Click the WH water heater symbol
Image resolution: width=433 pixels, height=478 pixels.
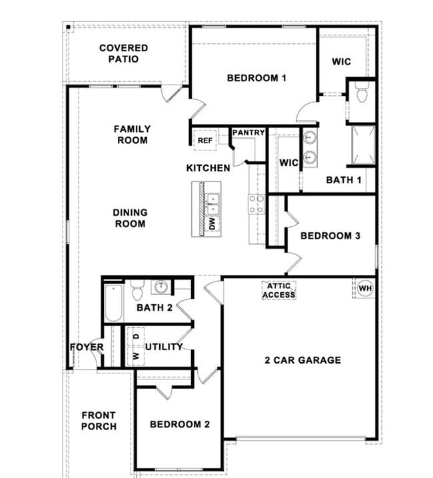[x=364, y=288]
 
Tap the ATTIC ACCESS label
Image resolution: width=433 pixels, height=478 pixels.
[x=278, y=290]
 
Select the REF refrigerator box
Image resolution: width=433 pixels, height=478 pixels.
[x=205, y=140]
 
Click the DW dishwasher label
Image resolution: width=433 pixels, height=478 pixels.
[x=213, y=224]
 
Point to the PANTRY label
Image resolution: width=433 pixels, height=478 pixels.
[x=248, y=133]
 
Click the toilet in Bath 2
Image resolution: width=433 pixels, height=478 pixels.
[x=138, y=290]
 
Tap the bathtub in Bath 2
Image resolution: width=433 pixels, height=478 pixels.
[x=113, y=302]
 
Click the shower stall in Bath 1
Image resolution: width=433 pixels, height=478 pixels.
[x=363, y=144]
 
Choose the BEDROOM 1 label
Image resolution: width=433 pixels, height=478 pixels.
[x=256, y=78]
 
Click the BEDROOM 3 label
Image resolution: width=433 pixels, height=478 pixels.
[x=330, y=236]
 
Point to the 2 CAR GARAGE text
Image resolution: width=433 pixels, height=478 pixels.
[x=302, y=360]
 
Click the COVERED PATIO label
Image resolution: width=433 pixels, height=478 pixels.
[x=124, y=53]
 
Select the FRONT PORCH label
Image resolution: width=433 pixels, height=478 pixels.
[x=99, y=421]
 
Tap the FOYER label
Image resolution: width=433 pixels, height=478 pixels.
[x=87, y=348]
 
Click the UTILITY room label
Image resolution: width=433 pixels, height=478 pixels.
[x=164, y=347]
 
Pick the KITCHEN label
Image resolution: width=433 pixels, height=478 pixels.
[x=208, y=168]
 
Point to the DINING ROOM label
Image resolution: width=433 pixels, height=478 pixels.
[x=130, y=218]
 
